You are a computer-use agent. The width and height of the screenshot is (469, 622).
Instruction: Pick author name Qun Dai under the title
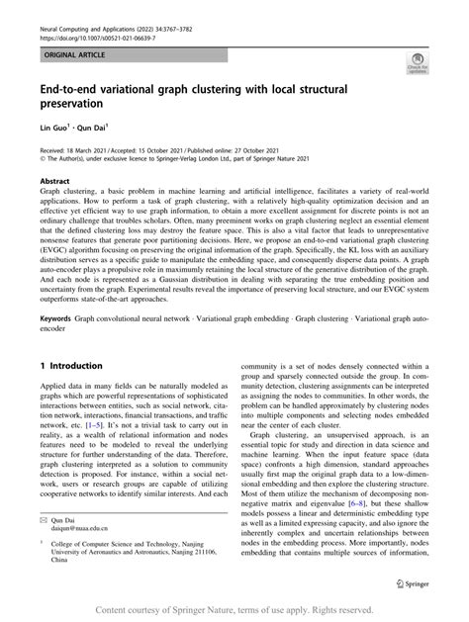pyautogui.click(x=93, y=128)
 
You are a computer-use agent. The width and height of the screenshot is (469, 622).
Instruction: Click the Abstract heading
pyautogui.click(x=55, y=183)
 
